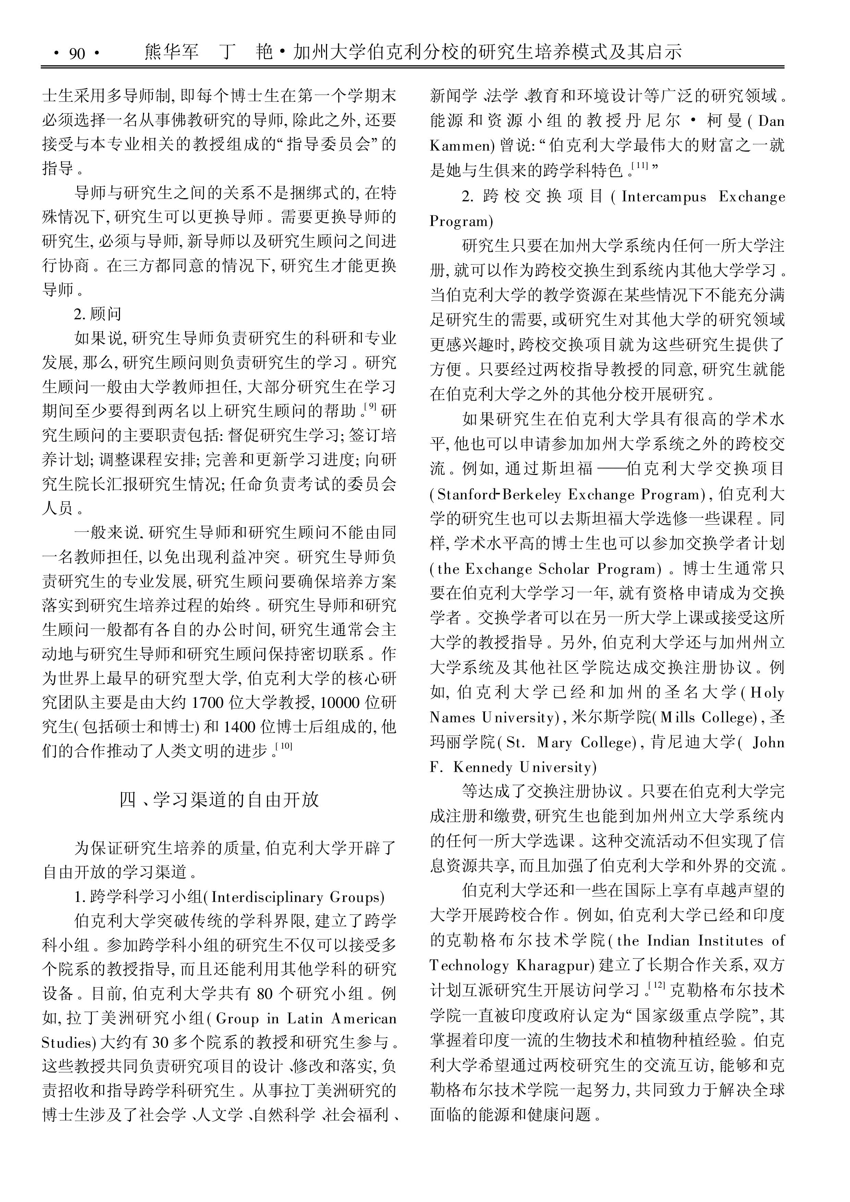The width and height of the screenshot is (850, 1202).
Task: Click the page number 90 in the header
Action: point(76,53)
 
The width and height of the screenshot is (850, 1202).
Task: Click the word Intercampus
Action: point(663,197)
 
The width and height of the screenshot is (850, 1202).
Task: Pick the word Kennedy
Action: point(483,767)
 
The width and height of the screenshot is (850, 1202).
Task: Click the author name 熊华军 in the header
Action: point(171,52)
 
